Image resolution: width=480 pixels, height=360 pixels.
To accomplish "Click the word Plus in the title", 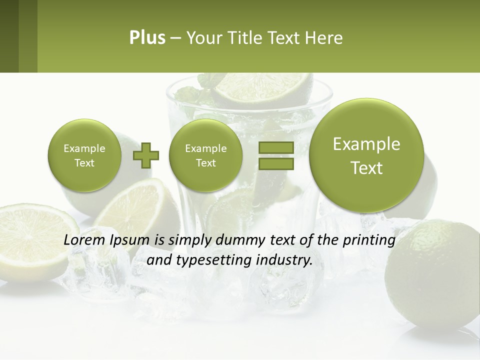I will [147, 38].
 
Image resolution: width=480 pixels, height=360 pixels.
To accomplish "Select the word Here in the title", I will [324, 38].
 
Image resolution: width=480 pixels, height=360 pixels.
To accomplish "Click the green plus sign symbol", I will [146, 155].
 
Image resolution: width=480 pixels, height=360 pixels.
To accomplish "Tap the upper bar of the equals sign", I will [276, 147].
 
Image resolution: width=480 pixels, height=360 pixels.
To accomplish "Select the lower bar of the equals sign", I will [276, 163].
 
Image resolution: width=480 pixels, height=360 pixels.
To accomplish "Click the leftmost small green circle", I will [84, 155].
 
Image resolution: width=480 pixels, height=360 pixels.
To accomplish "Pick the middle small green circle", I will [205, 155].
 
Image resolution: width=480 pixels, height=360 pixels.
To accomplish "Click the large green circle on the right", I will [366, 155].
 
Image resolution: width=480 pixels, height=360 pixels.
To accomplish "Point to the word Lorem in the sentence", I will [83, 240].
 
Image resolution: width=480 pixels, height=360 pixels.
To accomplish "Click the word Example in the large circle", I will [366, 144].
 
